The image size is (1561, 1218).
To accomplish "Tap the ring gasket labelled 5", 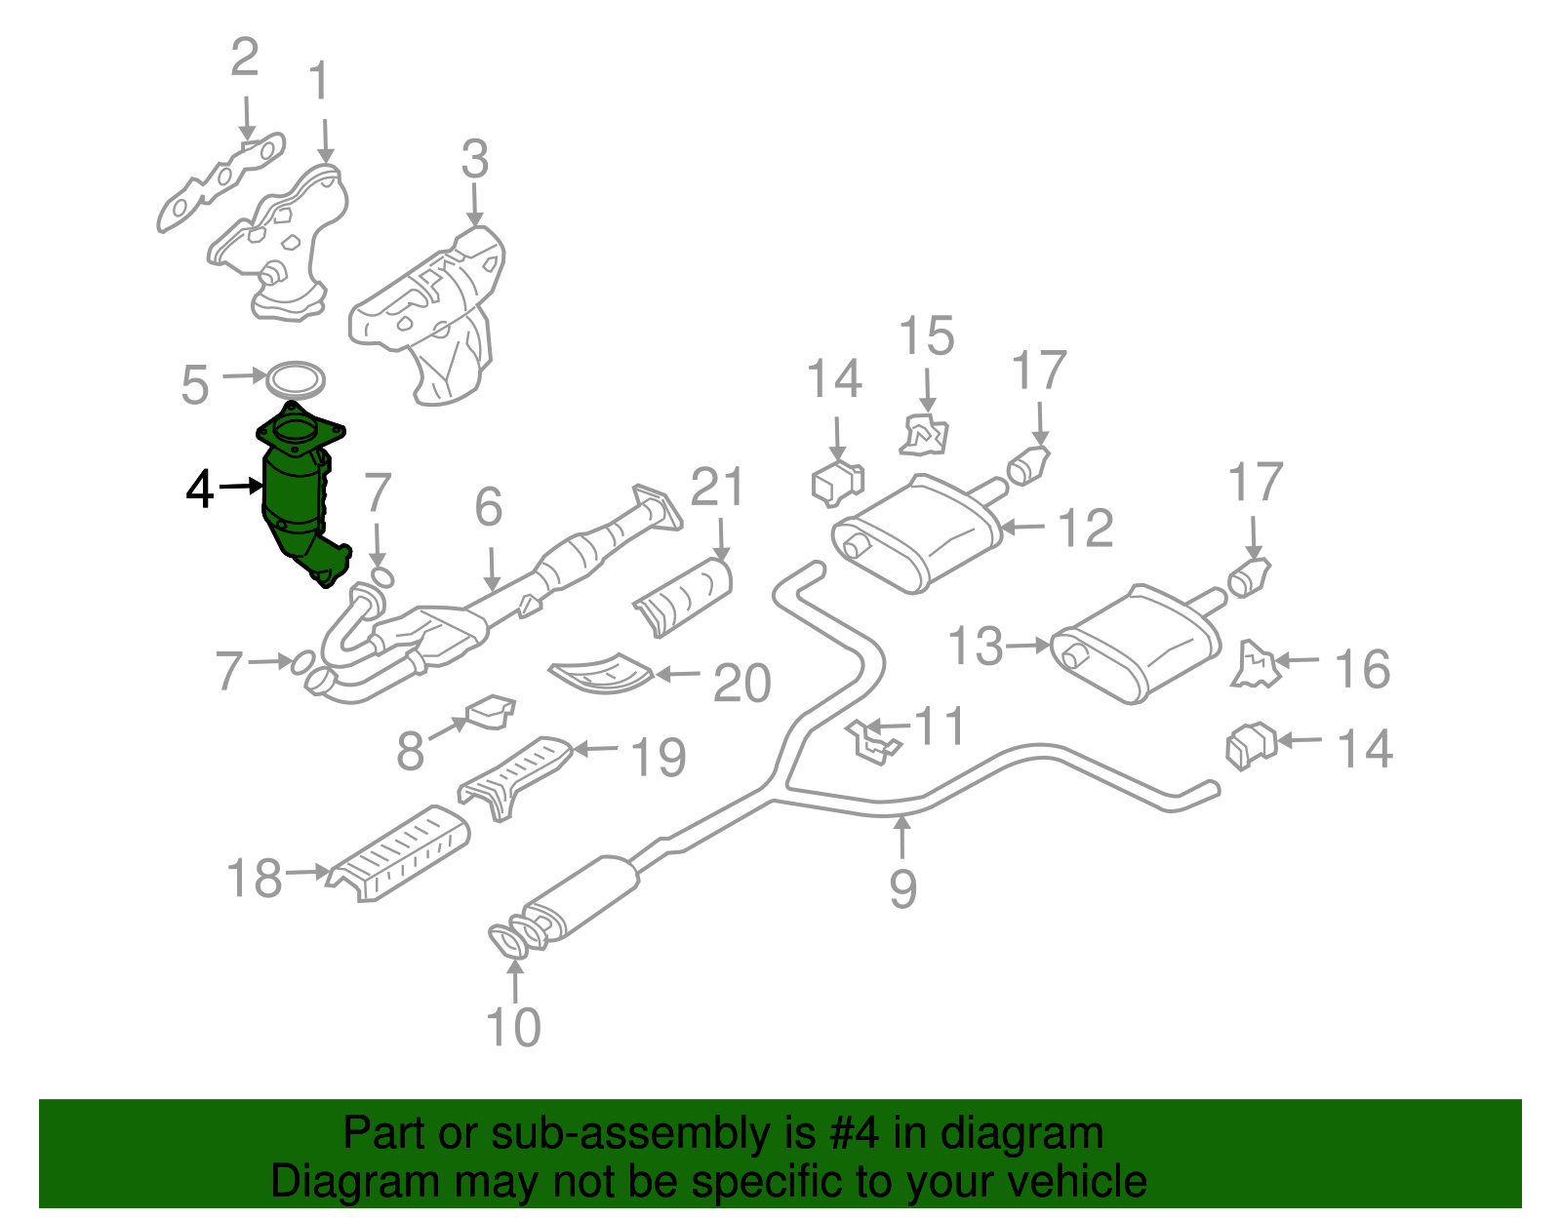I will pos(295,379).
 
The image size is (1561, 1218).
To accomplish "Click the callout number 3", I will pos(474,159).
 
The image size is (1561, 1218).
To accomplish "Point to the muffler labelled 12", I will pos(917,532).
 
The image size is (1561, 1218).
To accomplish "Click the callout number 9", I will pos(902,887).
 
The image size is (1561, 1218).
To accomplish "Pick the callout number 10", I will pos(513,1027).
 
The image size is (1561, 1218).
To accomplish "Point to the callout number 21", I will pos(718,487).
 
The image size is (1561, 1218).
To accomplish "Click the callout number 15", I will pos(926,336).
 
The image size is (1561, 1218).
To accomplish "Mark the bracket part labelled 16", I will pos(1255,665).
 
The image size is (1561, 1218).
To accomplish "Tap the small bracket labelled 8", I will pos(491,712).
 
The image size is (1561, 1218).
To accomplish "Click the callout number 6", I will pos(488,507).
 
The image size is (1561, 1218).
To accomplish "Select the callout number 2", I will pos(244,58).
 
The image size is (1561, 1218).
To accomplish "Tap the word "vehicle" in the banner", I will pos(1076,1182).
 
